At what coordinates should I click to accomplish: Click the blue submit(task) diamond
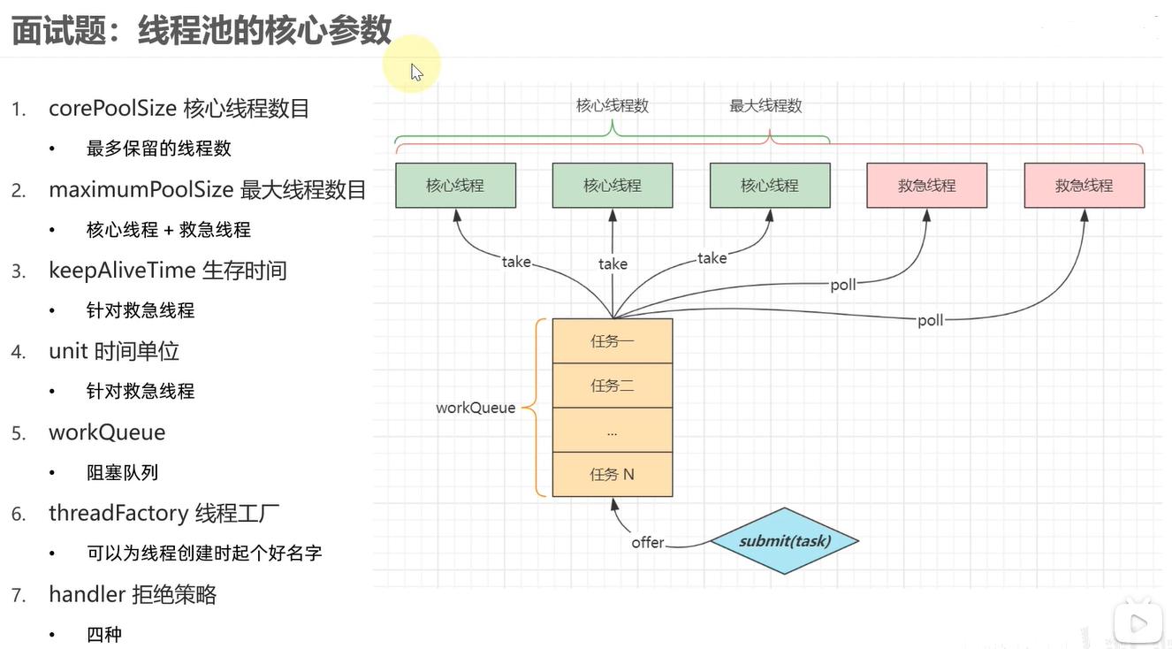pos(785,540)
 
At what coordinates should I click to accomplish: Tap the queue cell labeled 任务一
pos(612,341)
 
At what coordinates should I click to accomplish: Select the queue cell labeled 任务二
pos(612,386)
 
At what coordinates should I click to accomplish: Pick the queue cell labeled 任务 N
pos(612,474)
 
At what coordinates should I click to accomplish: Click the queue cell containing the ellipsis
pos(612,431)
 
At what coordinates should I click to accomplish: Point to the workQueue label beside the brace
pos(476,408)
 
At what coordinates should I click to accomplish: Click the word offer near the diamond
pos(647,542)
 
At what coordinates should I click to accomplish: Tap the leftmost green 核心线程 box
pos(455,186)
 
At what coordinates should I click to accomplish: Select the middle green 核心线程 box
pos(612,186)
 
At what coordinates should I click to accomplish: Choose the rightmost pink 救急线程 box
pos(1084,186)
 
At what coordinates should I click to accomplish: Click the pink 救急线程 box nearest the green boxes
pos(926,186)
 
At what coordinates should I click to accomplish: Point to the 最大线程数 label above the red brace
pos(765,106)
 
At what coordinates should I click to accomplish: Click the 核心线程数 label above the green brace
pos(613,106)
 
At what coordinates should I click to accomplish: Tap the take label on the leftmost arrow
pos(516,262)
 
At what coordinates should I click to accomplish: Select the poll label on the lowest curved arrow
pos(930,320)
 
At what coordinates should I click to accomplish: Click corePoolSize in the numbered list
pos(112,109)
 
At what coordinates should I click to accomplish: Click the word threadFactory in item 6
pos(118,513)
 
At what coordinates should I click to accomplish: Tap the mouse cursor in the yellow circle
pos(416,72)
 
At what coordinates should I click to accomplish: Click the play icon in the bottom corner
pos(1138,623)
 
